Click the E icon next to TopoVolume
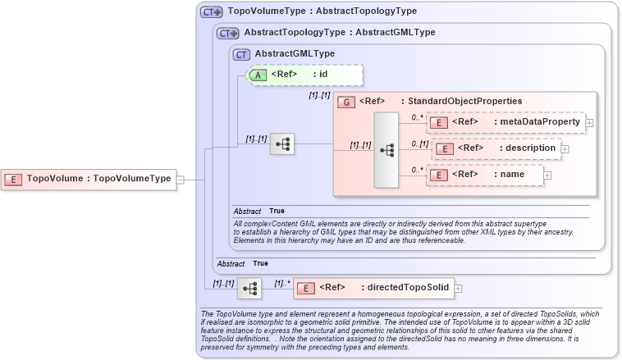pyautogui.click(x=15, y=178)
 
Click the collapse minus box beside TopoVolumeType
pyautogui.click(x=181, y=179)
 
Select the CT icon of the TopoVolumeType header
pyautogui.click(x=212, y=12)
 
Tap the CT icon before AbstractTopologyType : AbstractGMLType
pyautogui.click(x=227, y=33)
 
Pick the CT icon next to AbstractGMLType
pyautogui.click(x=241, y=54)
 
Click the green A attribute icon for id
pyautogui.click(x=258, y=75)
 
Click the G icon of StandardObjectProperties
pyautogui.click(x=346, y=102)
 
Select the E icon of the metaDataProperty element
pyautogui.click(x=439, y=122)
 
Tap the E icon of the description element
pyautogui.click(x=444, y=148)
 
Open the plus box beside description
pyautogui.click(x=565, y=148)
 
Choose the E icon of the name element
pyautogui.click(x=439, y=175)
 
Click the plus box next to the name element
pyautogui.click(x=547, y=175)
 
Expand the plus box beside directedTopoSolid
pyautogui.click(x=459, y=288)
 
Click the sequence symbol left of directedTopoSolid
pyautogui.click(x=249, y=288)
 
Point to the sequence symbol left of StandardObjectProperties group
pyautogui.click(x=282, y=144)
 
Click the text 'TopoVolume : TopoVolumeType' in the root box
pyautogui.click(x=98, y=178)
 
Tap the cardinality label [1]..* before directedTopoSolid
pyautogui.click(x=282, y=283)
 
